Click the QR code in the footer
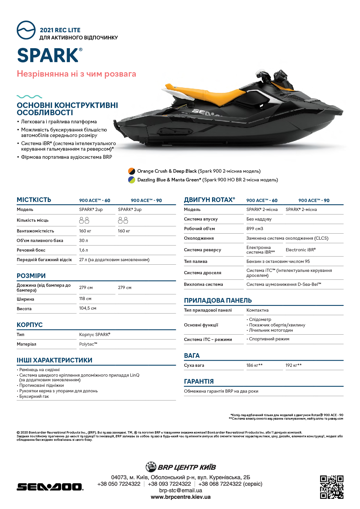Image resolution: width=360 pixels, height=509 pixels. [332, 487]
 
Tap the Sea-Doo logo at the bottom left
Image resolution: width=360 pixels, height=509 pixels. [50, 487]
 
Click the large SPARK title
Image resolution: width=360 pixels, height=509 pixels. [48, 55]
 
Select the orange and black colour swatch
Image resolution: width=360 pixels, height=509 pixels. [132, 171]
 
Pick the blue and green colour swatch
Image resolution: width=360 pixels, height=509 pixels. [132, 180]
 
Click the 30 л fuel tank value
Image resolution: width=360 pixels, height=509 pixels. [84, 241]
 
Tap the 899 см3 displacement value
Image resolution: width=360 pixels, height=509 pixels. [255, 229]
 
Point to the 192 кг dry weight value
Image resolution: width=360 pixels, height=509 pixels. [293, 365]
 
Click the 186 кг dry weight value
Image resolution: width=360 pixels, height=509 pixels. [254, 365]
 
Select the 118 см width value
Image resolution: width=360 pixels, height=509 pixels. [85, 299]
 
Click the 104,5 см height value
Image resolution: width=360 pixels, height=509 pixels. [88, 308]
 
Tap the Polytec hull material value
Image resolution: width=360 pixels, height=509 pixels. [88, 344]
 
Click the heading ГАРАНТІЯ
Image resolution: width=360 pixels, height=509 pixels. [199, 382]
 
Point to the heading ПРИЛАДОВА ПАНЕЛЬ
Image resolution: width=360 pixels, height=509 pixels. [218, 301]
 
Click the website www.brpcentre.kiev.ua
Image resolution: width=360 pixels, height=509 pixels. [180, 497]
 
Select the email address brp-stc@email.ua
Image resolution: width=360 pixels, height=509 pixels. [180, 490]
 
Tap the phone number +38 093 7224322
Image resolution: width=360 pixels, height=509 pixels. [169, 484]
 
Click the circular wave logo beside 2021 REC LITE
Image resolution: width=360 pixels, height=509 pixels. [26, 30]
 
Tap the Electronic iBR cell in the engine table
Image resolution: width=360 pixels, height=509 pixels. [301, 250]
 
